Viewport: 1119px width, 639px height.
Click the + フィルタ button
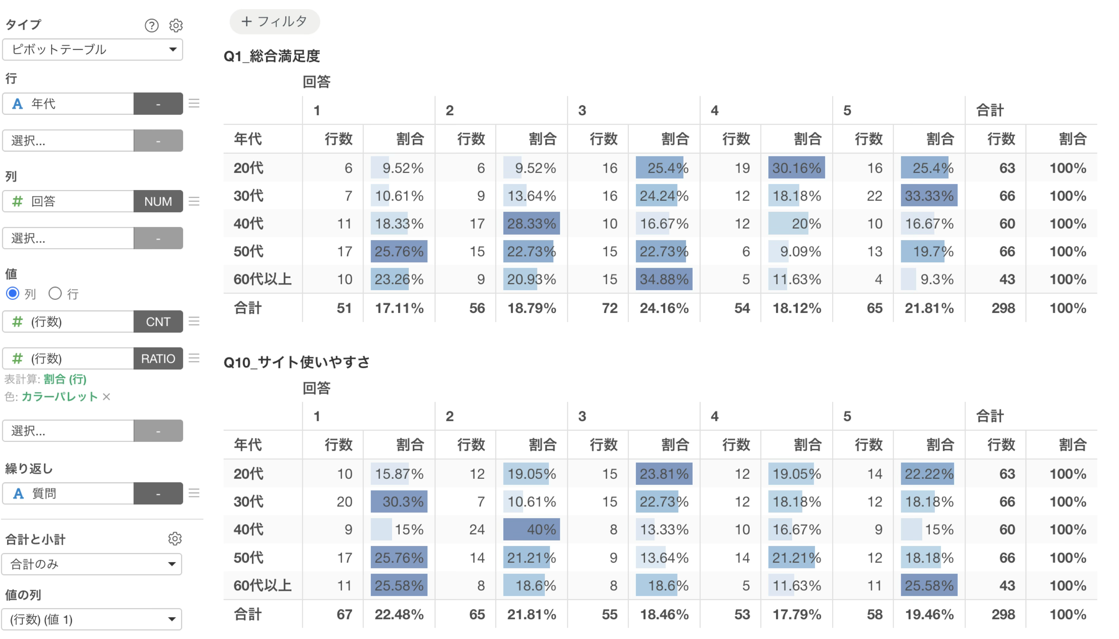(x=275, y=21)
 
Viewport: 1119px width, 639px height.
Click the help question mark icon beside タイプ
(x=152, y=26)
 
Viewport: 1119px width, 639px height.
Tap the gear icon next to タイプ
(x=176, y=26)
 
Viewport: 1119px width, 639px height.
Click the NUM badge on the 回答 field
(x=158, y=201)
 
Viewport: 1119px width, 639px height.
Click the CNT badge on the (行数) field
(x=158, y=322)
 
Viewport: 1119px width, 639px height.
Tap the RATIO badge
(x=158, y=359)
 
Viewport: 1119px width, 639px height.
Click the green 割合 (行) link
(x=65, y=379)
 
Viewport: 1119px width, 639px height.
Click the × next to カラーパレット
(x=106, y=397)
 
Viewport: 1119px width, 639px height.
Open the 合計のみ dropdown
(x=92, y=564)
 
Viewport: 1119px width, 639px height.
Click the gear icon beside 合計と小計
(x=175, y=539)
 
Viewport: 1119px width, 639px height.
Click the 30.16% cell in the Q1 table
(x=797, y=168)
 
